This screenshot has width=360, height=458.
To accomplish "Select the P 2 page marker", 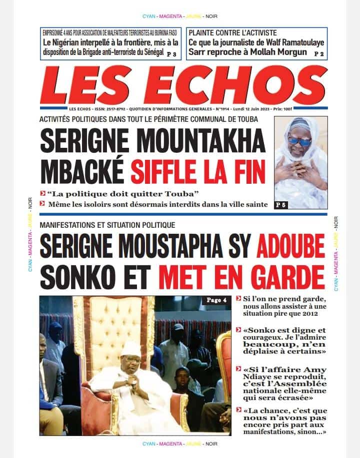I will pyautogui.click(x=319, y=53).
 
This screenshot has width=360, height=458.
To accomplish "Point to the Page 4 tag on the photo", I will pyautogui.click(x=217, y=300).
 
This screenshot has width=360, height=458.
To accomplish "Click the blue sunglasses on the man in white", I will pyautogui.click(x=299, y=141).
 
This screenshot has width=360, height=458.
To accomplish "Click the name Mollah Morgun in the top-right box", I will pyautogui.click(x=284, y=52).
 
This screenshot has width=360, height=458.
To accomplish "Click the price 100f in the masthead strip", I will pyautogui.click(x=319, y=108).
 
